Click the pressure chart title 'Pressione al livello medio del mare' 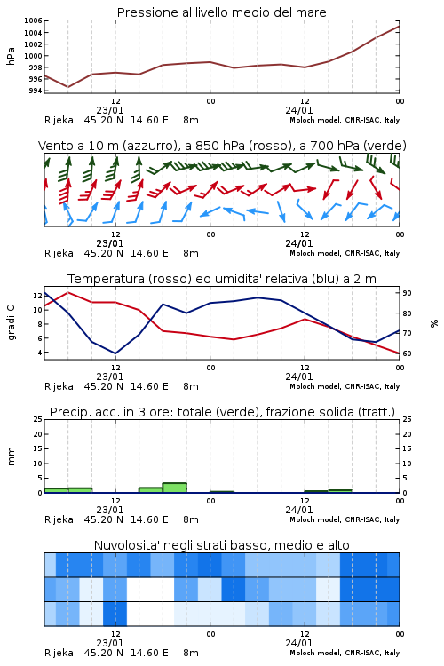[221, 12]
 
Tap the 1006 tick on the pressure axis [33, 20]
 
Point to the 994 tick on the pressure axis [36, 91]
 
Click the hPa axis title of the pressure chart [11, 56]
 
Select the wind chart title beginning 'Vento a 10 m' [222, 146]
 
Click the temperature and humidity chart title [222, 279]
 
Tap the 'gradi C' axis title [12, 323]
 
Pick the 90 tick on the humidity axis [407, 293]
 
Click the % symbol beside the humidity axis [434, 323]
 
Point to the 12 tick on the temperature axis [37, 296]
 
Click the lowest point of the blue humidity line [115, 353]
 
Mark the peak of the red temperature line [68, 292]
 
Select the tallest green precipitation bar [175, 488]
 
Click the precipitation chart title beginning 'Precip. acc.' [222, 412]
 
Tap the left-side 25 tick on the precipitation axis [37, 419]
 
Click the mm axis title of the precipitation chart [11, 456]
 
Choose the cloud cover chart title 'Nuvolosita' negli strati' [221, 545]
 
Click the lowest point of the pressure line [68, 87]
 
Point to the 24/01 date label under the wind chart [299, 243]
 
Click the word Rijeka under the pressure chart [59, 120]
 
